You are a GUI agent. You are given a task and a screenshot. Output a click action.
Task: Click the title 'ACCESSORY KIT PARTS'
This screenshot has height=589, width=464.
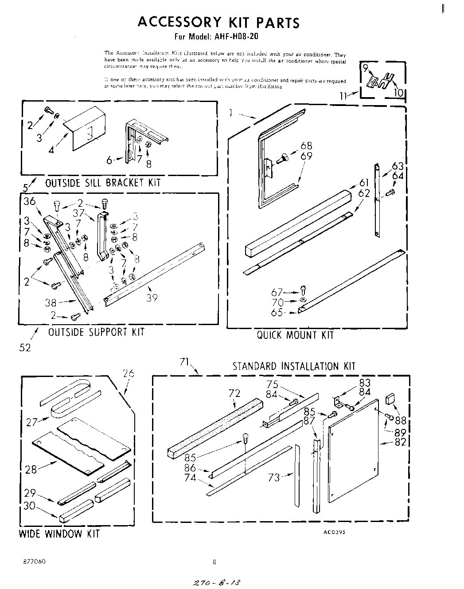[x=218, y=22]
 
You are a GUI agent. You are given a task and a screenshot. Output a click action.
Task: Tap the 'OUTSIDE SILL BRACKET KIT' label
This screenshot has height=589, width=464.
[x=103, y=183]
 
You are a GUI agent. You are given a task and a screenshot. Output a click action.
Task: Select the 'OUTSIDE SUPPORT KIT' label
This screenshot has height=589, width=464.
[x=96, y=332]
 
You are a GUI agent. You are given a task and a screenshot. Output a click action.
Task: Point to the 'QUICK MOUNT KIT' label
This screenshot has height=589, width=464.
[x=295, y=335]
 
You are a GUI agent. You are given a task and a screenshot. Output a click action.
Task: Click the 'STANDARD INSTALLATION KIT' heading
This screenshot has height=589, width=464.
[x=294, y=366]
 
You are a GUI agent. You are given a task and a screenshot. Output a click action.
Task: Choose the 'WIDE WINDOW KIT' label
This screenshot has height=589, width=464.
[x=59, y=534]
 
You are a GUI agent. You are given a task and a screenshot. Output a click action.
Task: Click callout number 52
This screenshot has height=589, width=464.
[x=25, y=348]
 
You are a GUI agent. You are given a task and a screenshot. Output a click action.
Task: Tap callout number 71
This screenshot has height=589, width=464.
[x=184, y=362]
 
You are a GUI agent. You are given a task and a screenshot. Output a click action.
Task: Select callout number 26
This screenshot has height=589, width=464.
[x=128, y=373]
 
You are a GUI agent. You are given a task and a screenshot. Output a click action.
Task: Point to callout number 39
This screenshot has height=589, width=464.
[x=152, y=298]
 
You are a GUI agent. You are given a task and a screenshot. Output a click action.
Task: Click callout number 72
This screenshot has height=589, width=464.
[x=234, y=393]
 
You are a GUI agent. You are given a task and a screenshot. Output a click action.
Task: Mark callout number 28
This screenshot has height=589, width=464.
[x=31, y=469]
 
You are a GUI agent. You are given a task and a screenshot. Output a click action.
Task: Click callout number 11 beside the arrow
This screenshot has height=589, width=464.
[x=344, y=95]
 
